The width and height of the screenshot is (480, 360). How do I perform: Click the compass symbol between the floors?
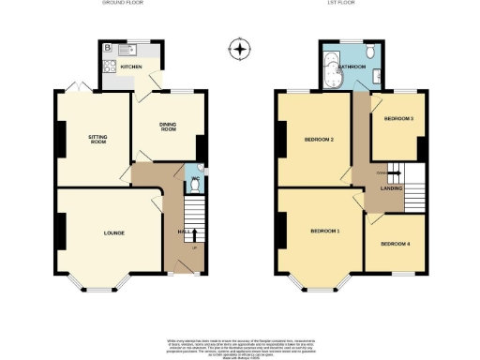(x=240, y=49)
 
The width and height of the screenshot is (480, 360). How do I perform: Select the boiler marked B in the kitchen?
(x=108, y=47)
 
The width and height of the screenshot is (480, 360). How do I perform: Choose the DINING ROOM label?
(x=169, y=127)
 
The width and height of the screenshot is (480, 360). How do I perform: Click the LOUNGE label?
(x=113, y=232)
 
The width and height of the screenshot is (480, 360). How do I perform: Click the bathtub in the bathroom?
(x=329, y=70)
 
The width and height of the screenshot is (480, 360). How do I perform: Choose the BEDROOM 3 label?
(x=398, y=118)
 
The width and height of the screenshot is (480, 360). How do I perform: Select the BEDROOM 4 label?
(x=395, y=244)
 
